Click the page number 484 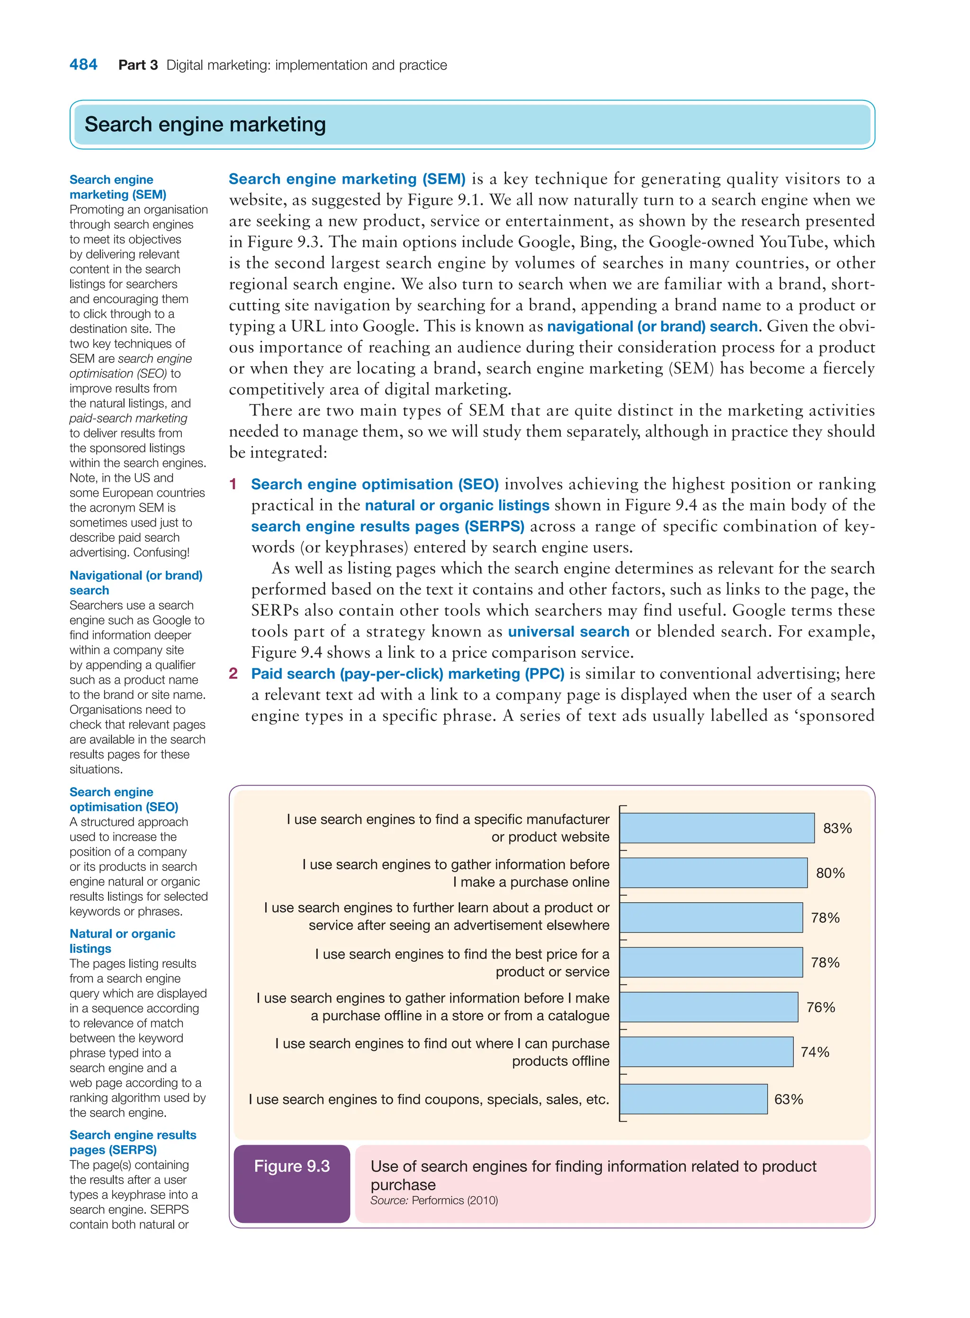[83, 64]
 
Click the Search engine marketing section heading [205, 125]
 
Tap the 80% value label [830, 873]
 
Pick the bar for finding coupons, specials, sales [693, 1099]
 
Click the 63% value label [788, 1099]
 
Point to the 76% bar [708, 1007]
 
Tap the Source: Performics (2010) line [434, 1200]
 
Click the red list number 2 [233, 673]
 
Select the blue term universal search [568, 632]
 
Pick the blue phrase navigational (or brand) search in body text [652, 326]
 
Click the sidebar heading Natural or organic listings [122, 941]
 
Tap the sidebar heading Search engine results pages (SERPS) [133, 1142]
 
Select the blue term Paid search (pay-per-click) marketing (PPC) [407, 673]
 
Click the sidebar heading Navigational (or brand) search [135, 583]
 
